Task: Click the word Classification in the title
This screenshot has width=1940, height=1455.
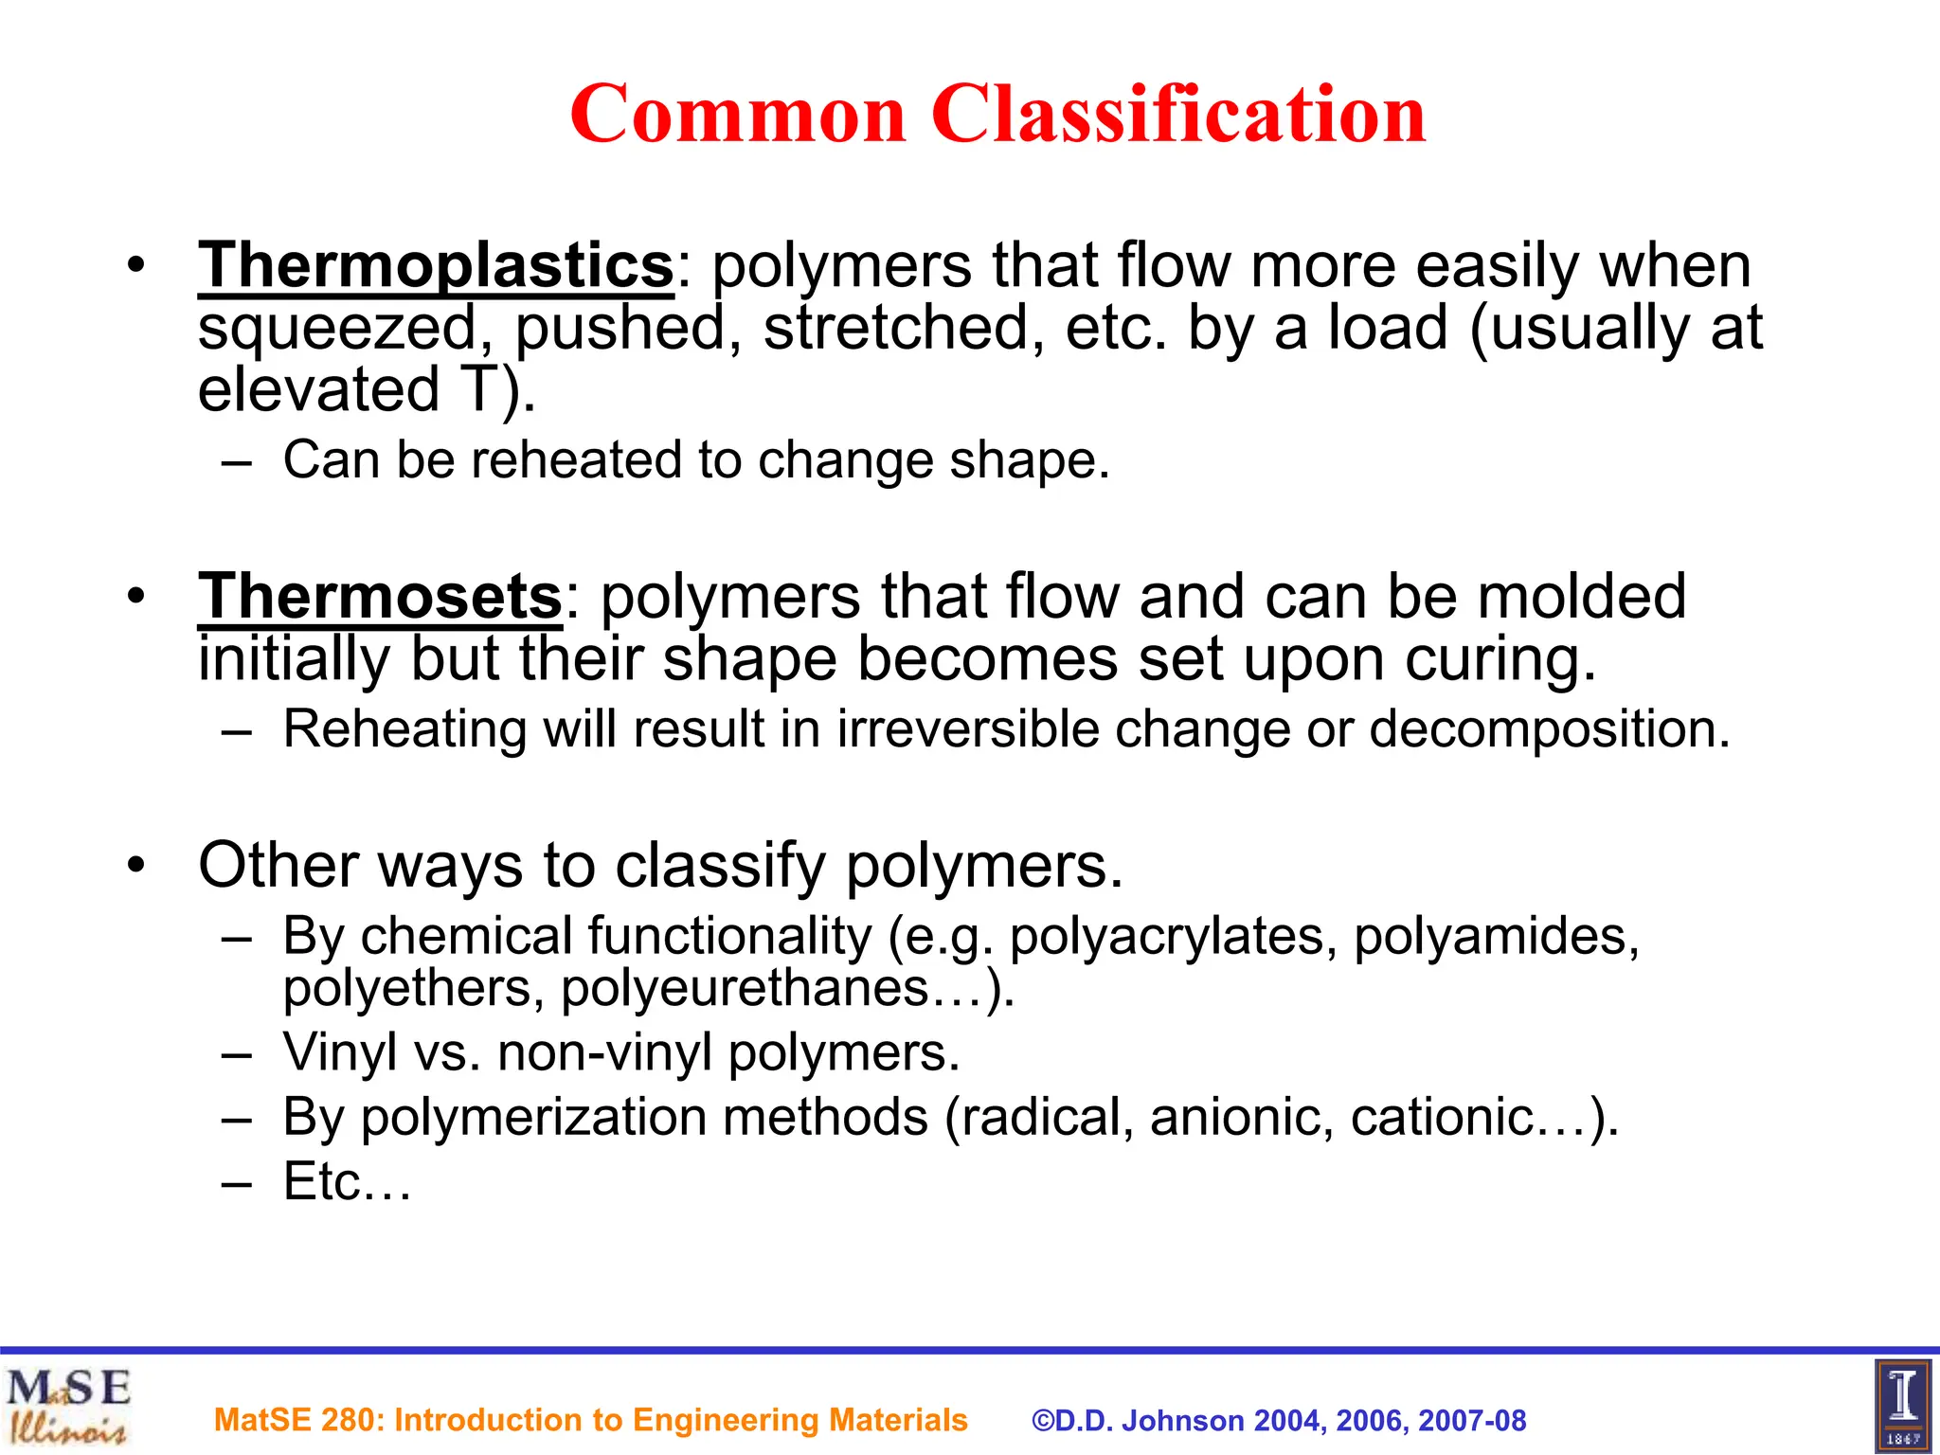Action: coord(1178,114)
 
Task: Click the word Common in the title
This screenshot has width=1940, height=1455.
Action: coord(739,116)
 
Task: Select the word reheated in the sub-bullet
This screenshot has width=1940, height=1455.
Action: coord(577,460)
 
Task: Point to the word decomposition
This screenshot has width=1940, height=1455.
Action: coord(1550,729)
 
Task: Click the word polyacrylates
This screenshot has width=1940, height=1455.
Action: coord(1173,937)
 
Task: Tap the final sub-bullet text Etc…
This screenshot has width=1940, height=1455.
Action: coord(347,1182)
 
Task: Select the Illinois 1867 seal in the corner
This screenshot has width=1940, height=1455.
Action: coord(1902,1406)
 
